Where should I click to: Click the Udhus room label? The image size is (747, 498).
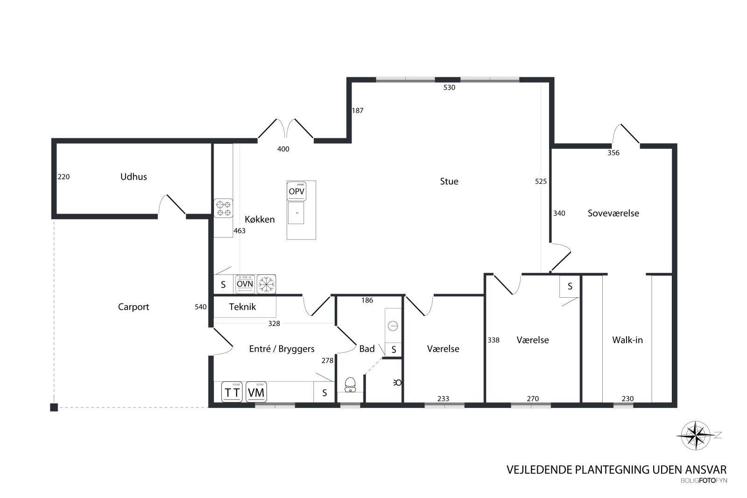[134, 177]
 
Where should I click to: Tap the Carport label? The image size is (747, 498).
[134, 307]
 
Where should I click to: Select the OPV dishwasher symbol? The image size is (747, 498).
[296, 191]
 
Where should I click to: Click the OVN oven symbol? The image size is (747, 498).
[245, 284]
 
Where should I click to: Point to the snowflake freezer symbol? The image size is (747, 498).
[267, 284]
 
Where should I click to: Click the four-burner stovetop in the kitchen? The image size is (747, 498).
[224, 208]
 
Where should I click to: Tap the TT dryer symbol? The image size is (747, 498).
[232, 392]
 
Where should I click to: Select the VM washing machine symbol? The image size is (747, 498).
[256, 392]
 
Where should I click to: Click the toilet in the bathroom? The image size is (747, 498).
[350, 384]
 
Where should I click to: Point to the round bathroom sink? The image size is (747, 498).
[393, 326]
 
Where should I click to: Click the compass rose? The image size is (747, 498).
[696, 435]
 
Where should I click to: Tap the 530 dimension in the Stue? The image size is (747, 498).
[449, 87]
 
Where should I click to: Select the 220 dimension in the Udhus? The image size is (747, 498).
[63, 177]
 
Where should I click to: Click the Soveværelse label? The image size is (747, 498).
[613, 213]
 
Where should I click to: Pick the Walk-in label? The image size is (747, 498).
[627, 340]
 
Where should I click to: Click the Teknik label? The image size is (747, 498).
[242, 307]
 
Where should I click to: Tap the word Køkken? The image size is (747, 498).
[260, 219]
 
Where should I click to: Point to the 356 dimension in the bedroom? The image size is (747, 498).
[613, 153]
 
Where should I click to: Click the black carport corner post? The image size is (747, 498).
[54, 407]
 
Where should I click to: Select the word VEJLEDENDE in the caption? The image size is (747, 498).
[540, 470]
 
